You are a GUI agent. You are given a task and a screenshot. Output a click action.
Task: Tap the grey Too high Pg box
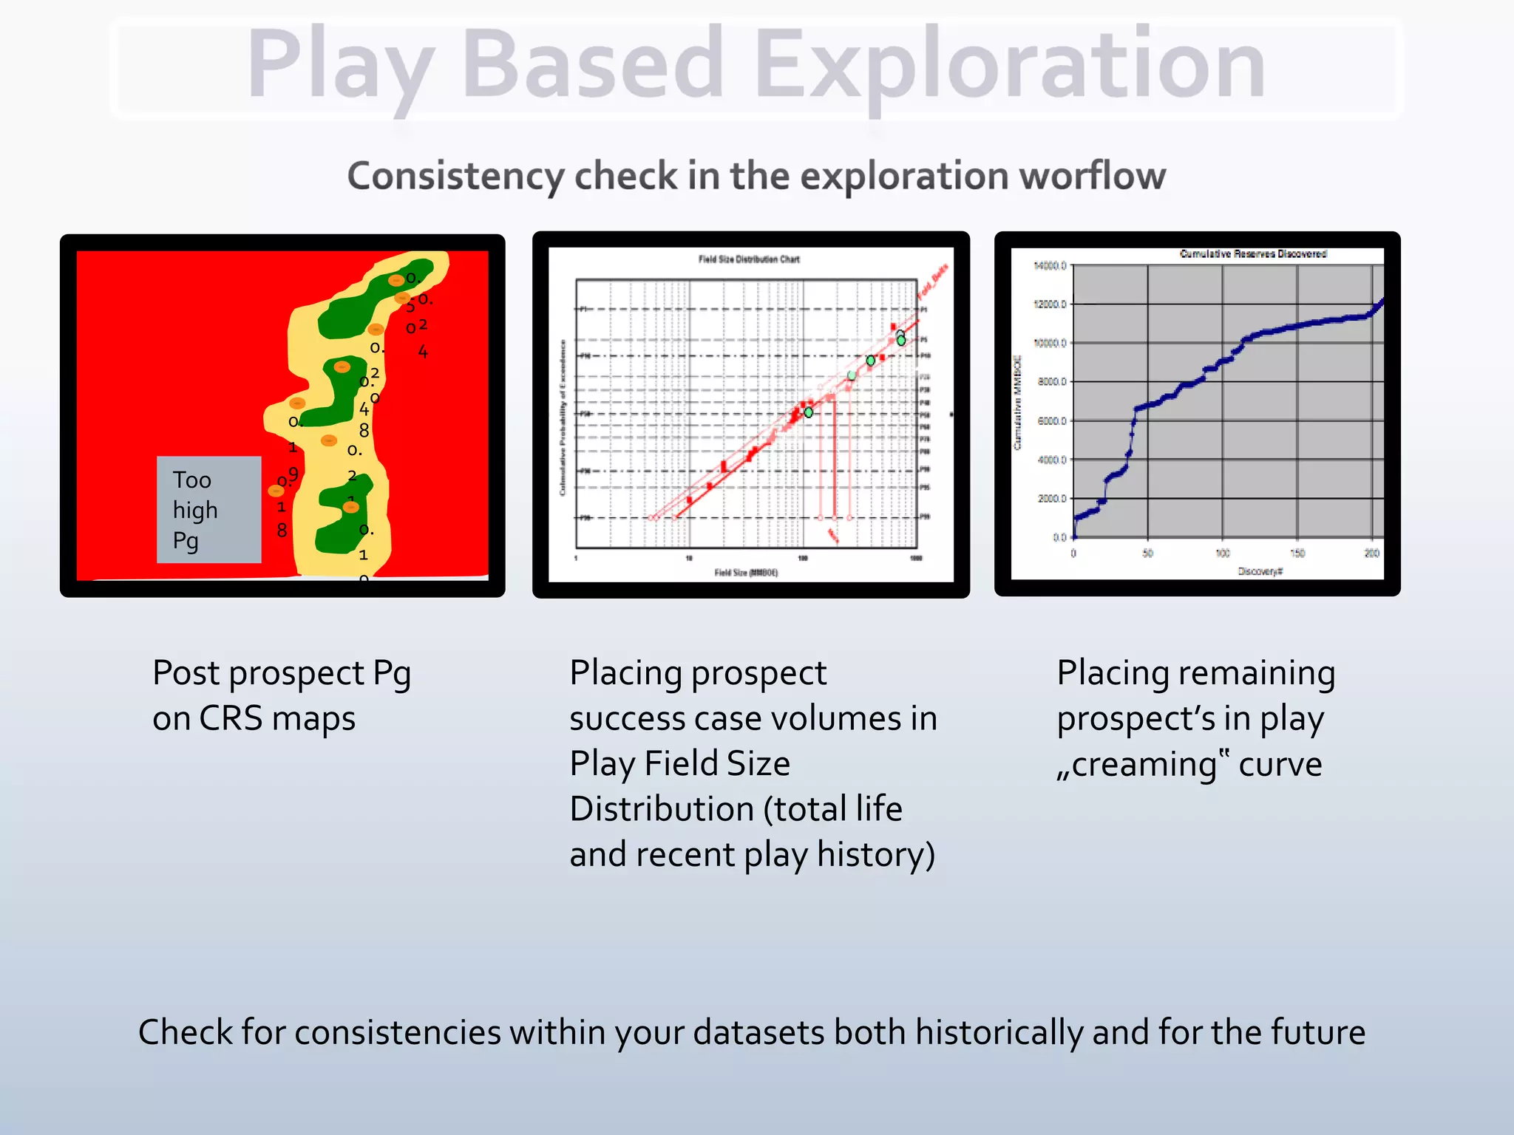tap(208, 510)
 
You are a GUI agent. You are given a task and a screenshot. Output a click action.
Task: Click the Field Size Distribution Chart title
tap(749, 259)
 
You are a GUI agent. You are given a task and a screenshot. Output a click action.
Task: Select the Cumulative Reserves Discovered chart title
tap(1252, 253)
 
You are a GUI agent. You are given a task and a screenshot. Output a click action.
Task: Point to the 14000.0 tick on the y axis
tap(1050, 265)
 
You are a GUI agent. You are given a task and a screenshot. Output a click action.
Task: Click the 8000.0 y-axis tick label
tap(1051, 382)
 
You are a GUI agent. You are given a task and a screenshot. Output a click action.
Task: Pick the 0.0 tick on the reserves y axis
tap(1059, 537)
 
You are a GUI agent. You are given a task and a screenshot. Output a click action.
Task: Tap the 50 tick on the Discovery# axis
tap(1147, 553)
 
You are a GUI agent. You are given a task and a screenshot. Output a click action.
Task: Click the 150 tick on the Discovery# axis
tap(1297, 553)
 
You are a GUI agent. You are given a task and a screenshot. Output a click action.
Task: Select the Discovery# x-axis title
tap(1260, 571)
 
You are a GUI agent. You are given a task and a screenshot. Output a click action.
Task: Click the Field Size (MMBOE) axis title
tap(746, 573)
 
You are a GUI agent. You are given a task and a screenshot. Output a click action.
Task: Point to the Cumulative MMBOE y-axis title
tap(1017, 403)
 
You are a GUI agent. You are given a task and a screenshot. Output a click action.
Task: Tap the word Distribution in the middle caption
tap(662, 809)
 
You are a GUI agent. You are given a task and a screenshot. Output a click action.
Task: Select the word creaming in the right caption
tap(1144, 765)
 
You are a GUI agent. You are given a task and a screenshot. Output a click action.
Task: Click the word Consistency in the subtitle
tap(456, 176)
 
